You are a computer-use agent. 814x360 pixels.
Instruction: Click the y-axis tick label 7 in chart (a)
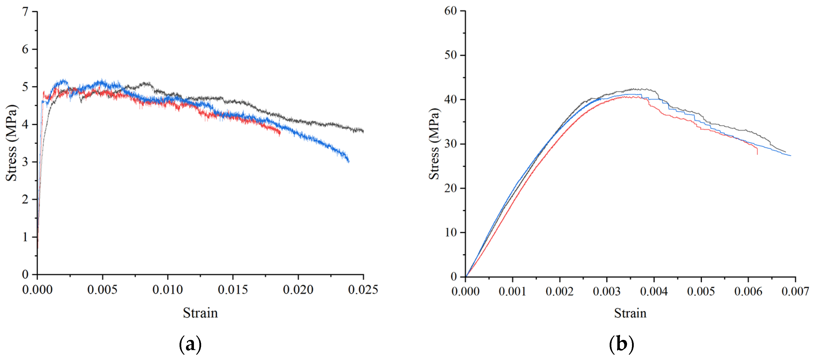coord(25,12)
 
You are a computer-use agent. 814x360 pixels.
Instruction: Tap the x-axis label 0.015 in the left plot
coord(233,290)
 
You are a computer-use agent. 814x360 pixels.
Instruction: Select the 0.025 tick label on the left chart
coord(363,290)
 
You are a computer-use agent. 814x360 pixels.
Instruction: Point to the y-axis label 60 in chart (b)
coord(451,11)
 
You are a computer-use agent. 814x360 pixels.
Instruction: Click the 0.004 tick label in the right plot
coord(654,291)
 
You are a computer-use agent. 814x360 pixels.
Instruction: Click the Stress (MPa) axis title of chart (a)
coord(11,143)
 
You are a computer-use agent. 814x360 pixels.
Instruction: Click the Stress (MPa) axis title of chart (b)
coord(434,144)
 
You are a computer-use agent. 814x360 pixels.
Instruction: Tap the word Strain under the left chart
coord(200,313)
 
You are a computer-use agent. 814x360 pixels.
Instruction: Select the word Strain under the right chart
coord(630,313)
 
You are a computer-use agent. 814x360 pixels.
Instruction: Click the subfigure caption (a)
coord(190,344)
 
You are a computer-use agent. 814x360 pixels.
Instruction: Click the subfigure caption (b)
coord(621,344)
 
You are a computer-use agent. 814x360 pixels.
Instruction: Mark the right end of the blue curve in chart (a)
coord(349,162)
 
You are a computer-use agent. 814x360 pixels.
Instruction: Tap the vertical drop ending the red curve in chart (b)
coord(757,151)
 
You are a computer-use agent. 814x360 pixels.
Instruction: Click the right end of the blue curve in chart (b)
coord(790,155)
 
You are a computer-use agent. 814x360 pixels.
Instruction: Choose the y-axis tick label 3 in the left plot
coord(25,162)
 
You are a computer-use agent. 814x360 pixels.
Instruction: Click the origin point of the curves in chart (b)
coord(465,276)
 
